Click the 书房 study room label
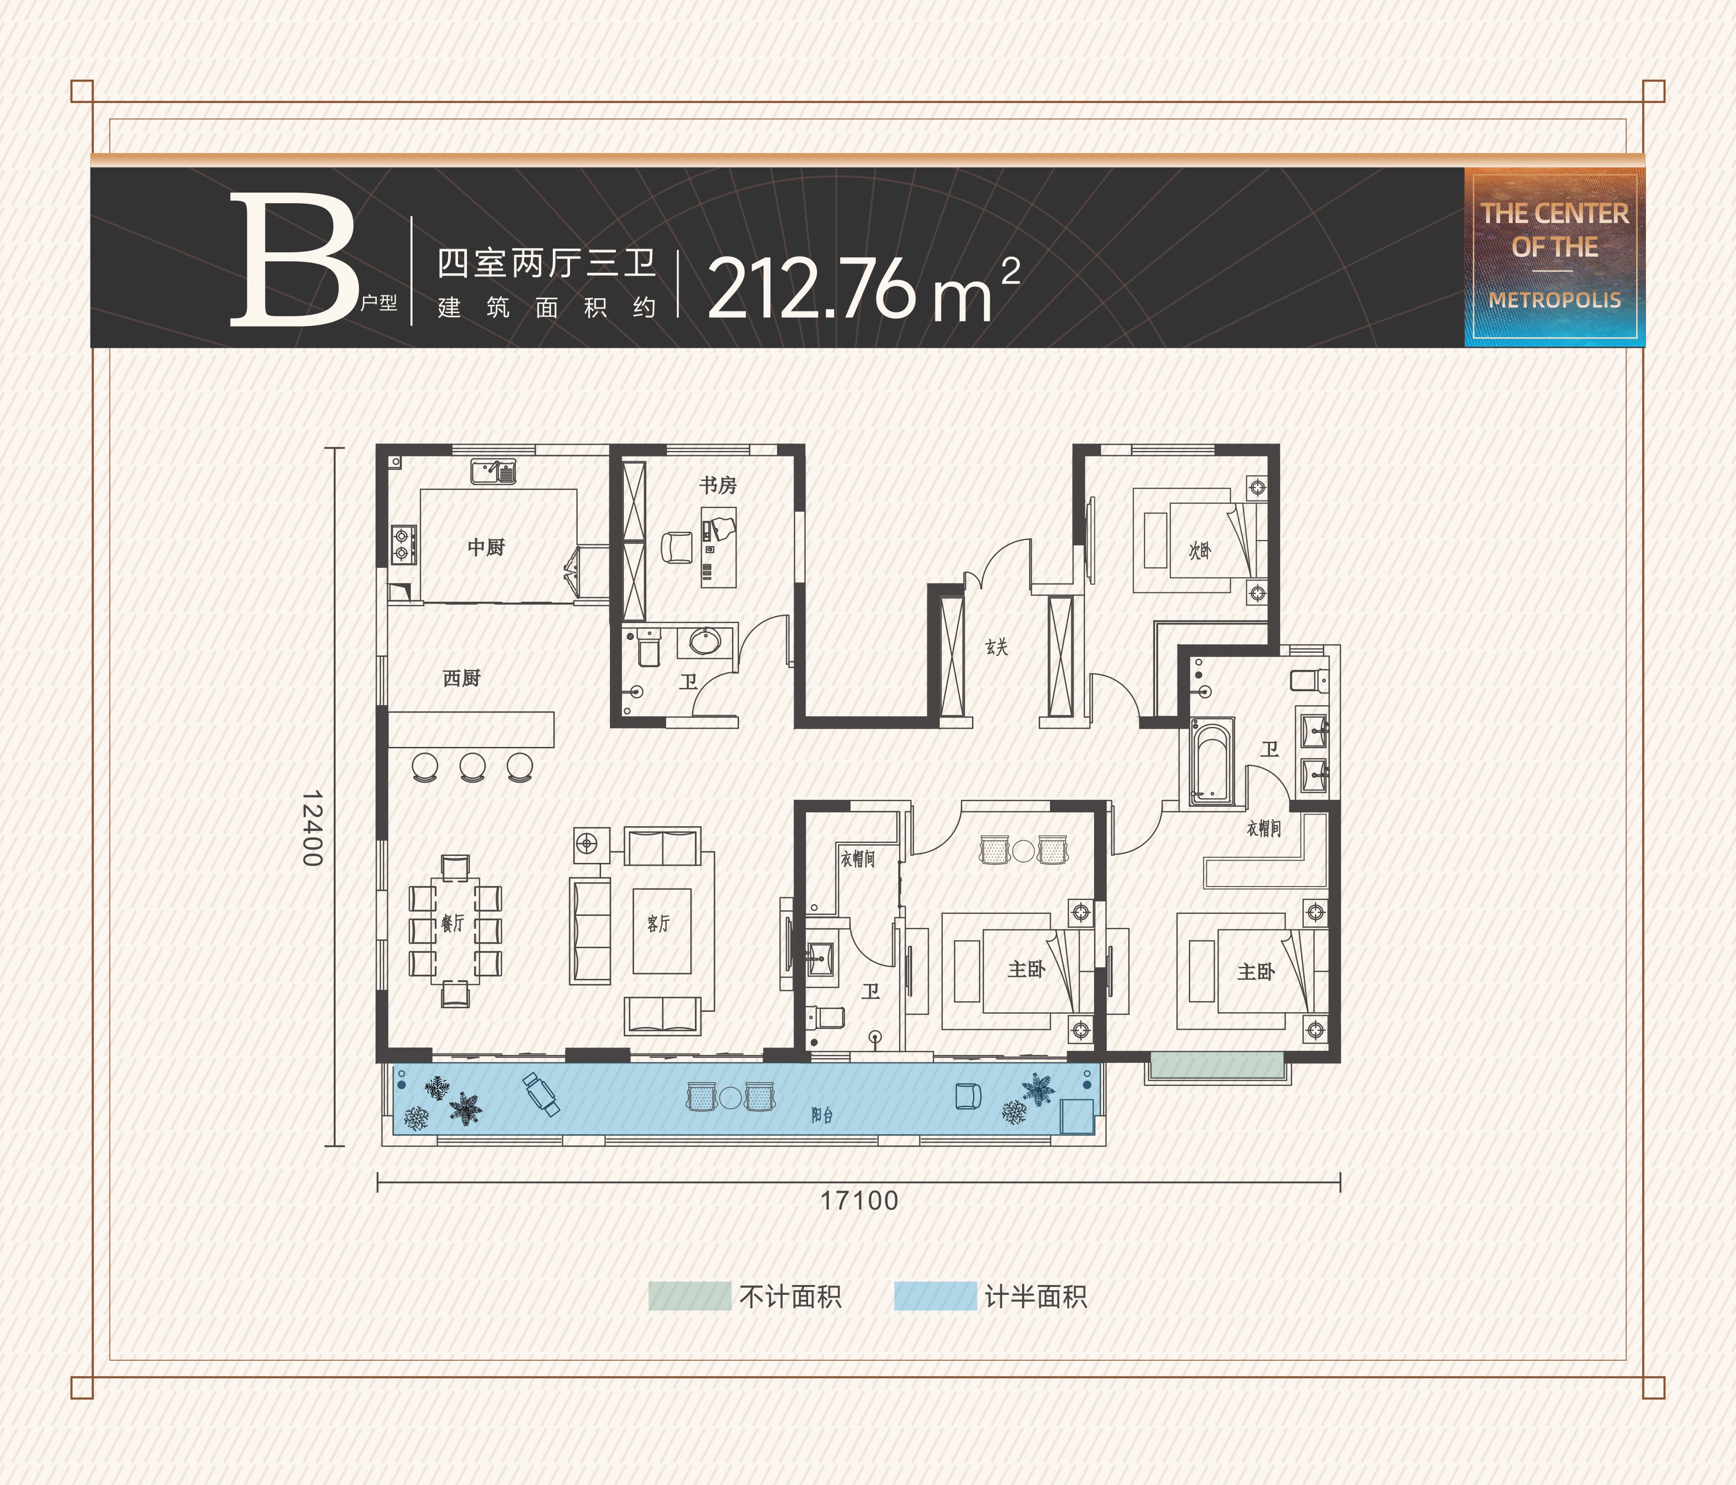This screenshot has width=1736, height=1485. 718,485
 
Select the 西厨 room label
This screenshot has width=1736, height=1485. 462,678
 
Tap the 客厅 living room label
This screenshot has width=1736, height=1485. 659,923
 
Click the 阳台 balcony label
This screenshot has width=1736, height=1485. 822,1115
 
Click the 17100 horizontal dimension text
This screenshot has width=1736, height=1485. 859,1200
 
